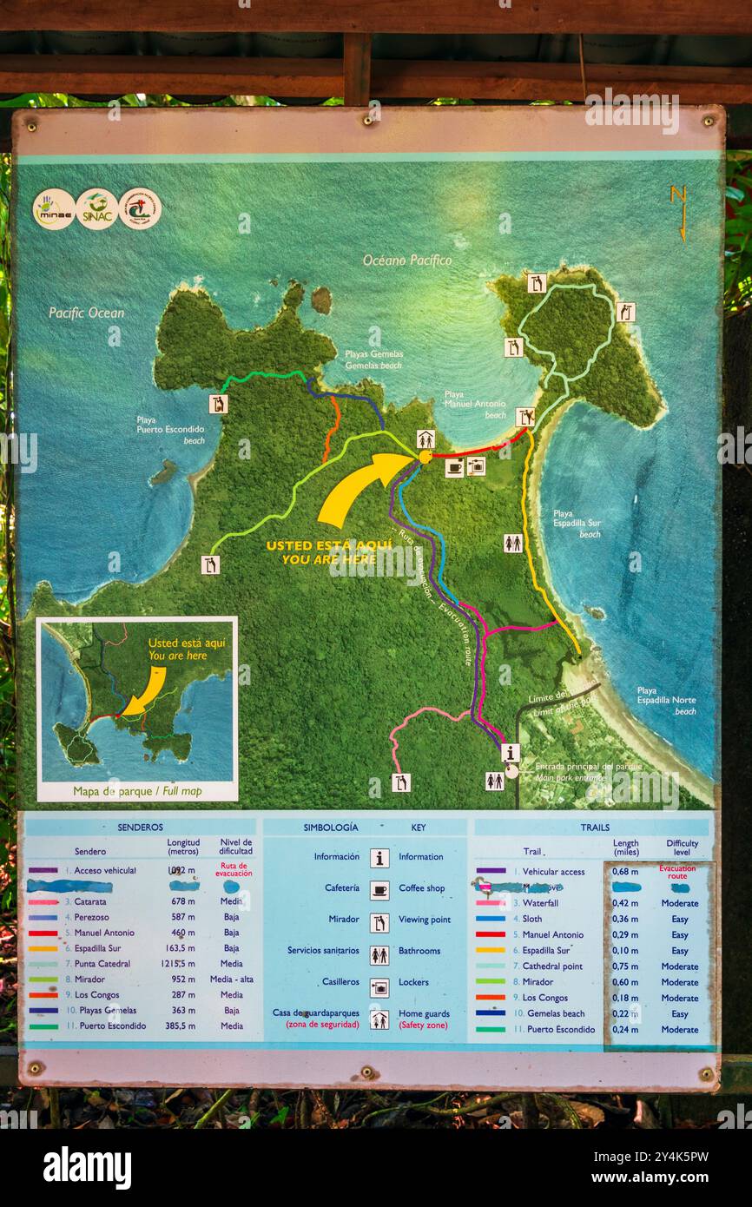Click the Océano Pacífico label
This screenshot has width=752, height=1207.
point(407,260)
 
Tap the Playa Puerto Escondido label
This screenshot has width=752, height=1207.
point(170,429)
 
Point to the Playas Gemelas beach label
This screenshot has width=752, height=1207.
point(373,359)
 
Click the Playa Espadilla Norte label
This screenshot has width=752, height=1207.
point(666,700)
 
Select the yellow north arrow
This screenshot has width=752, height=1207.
point(678,214)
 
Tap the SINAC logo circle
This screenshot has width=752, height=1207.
point(96,208)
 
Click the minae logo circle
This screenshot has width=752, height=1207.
point(54,209)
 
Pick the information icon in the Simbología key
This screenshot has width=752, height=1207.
point(379,857)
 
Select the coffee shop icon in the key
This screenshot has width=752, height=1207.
point(379,889)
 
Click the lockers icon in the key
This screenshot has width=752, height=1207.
point(379,983)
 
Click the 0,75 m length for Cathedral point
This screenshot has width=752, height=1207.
point(625,966)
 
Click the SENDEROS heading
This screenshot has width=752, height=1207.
point(140,828)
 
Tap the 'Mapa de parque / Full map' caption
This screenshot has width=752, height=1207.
point(137,791)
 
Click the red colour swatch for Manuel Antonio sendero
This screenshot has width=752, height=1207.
point(43,933)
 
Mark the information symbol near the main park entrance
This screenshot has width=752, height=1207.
point(511,753)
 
